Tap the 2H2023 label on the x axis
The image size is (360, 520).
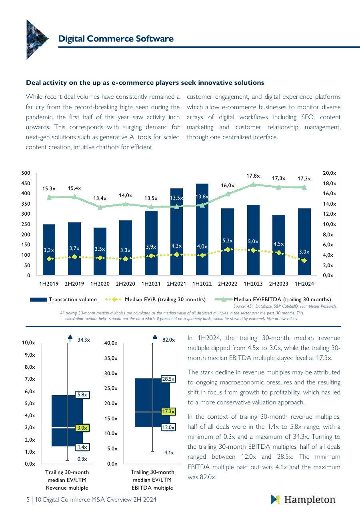(279, 284)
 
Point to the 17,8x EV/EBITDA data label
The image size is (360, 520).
(253, 176)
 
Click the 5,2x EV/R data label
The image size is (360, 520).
(228, 240)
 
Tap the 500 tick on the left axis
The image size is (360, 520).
(26, 173)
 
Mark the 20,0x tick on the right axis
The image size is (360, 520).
(329, 173)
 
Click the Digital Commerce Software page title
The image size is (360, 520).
(116, 38)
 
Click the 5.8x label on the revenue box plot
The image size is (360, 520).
(82, 395)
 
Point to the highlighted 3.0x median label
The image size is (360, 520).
(82, 428)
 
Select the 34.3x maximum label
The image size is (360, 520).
(84, 340)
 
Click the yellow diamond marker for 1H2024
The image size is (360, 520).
(304, 260)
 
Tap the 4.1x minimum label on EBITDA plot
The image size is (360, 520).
(169, 453)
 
